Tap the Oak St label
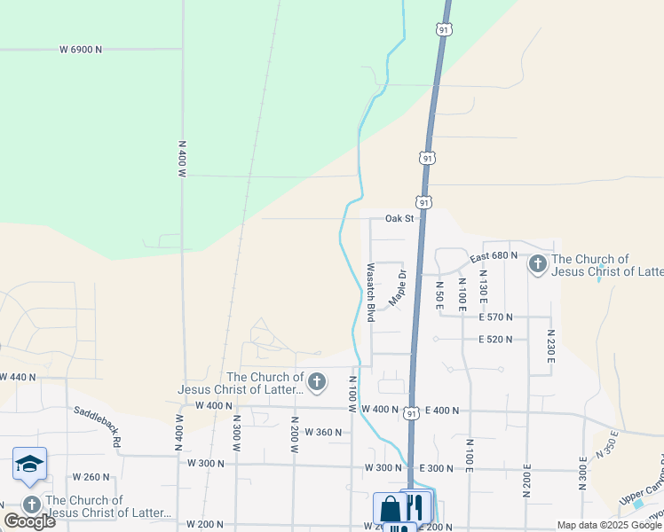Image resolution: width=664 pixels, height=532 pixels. click(399, 218)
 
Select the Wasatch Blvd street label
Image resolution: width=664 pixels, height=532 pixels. click(370, 286)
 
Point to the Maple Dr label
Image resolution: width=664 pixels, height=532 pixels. click(396, 286)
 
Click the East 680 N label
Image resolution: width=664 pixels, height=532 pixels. click(494, 256)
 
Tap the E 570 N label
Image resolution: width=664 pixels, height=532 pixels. click(495, 317)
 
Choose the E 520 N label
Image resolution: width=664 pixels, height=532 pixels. click(495, 339)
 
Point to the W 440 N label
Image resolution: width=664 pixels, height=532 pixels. click(18, 377)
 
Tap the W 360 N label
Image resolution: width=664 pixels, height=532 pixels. click(322, 432)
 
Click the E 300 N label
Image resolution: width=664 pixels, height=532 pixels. click(436, 467)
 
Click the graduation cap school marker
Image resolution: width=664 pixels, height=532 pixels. click(29, 464)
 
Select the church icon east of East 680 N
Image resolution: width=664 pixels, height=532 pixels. click(537, 264)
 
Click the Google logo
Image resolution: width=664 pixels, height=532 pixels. click(29, 520)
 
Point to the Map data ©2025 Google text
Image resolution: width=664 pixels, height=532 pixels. click(608, 525)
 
